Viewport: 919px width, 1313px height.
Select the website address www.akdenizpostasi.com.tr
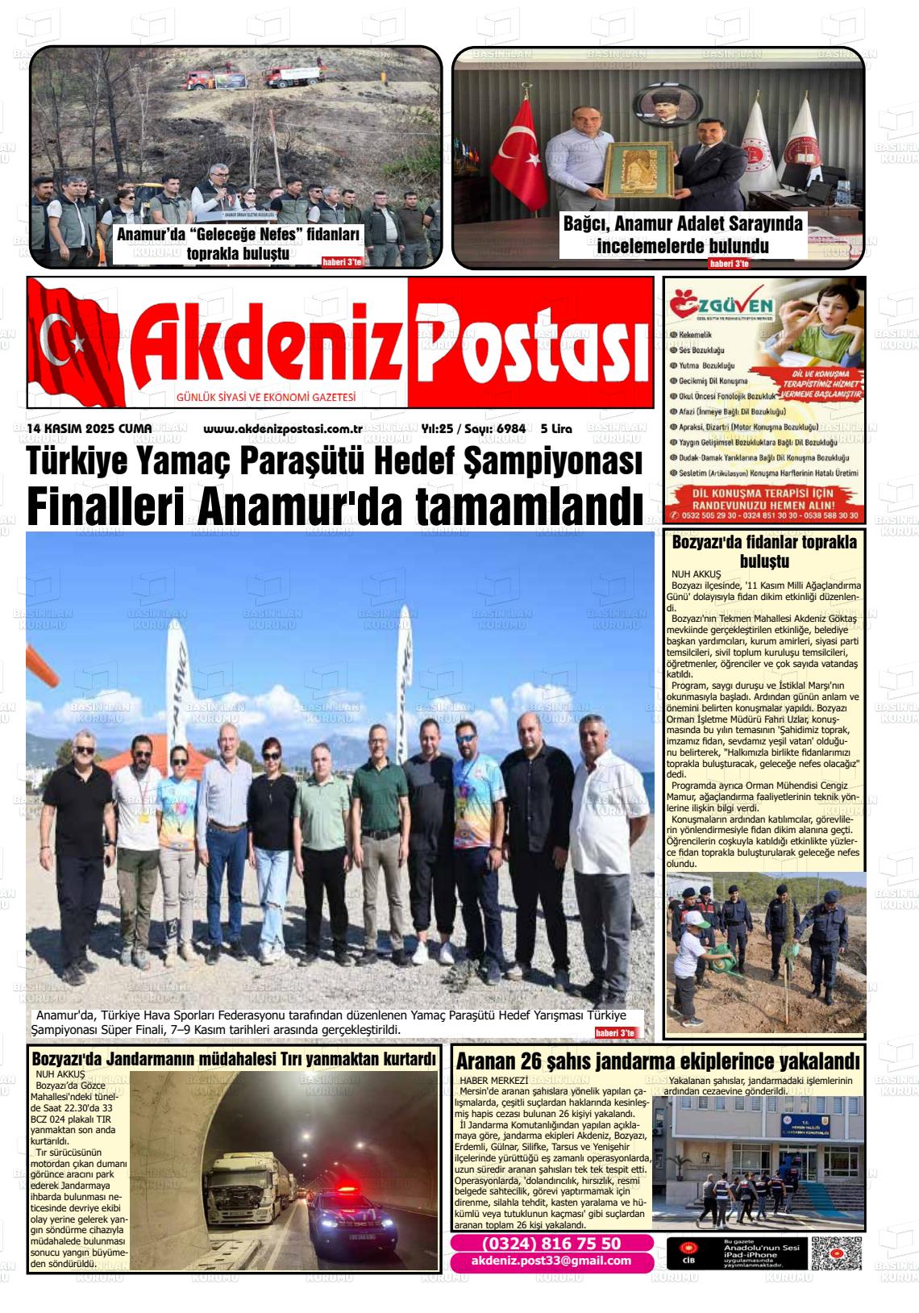tap(282, 428)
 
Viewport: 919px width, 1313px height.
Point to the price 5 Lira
tap(556, 428)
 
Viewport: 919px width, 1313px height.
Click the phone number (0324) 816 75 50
tap(551, 1244)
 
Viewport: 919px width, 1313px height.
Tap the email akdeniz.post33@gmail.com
tap(551, 1261)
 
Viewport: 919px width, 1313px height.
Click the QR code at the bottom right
tap(836, 1253)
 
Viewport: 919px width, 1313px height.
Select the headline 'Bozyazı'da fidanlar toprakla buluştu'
tap(763, 552)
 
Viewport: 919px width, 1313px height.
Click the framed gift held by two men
tap(638, 170)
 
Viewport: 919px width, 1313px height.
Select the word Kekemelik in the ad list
tap(695, 335)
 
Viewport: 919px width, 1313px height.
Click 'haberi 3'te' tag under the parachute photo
tap(616, 1033)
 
